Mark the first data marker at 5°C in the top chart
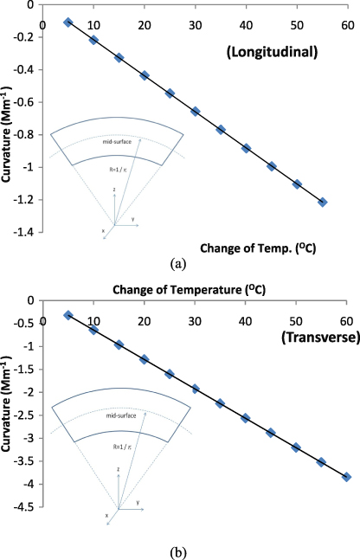point(68,23)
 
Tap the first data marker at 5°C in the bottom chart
point(68,315)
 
